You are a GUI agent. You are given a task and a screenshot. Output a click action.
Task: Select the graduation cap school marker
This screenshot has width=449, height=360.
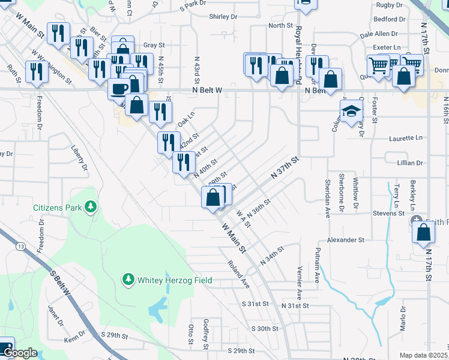click(352, 111)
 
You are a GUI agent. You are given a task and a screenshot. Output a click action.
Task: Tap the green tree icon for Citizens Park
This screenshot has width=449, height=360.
click(90, 208)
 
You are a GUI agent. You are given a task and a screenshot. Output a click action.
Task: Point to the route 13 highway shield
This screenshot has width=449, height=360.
click(22, 246)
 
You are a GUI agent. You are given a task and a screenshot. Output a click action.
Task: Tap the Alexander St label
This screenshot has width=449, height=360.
click(346, 239)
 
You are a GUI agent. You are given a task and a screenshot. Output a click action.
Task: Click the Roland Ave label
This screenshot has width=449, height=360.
click(238, 273)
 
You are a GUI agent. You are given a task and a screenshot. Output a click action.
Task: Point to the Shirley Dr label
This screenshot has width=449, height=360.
click(224, 17)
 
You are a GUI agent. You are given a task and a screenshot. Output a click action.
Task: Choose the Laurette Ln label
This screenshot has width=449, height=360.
click(405, 137)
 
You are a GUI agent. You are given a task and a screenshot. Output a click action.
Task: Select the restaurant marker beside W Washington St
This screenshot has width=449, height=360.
click(37, 72)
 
